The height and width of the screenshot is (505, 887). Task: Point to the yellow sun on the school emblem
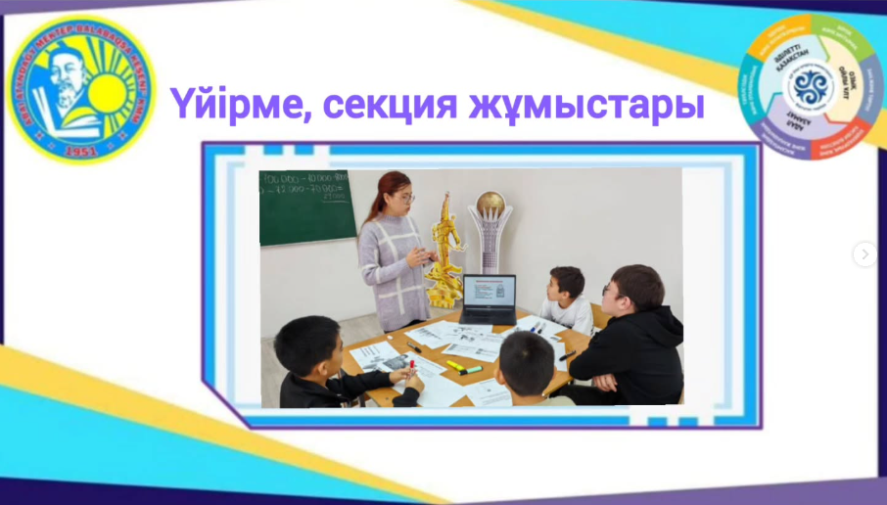tap(109, 94)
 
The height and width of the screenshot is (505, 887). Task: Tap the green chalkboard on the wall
tap(306, 206)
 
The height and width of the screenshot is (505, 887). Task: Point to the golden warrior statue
tap(444, 251)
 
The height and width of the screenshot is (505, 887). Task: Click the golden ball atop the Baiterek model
tap(490, 202)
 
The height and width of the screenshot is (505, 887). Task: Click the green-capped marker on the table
tap(471, 371)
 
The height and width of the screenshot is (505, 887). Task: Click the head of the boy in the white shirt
tap(565, 283)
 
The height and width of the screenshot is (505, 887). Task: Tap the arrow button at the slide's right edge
tap(864, 254)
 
